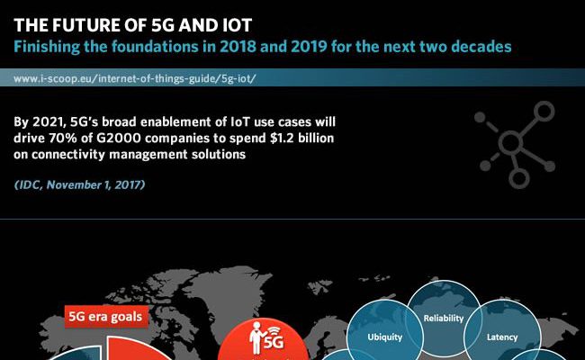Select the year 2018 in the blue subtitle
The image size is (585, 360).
(x=238, y=47)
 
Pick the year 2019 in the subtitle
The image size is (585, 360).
(x=309, y=47)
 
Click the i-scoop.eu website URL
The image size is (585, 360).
(x=135, y=78)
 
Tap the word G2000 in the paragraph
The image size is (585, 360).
(x=119, y=138)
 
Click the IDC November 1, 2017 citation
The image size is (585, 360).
(x=79, y=184)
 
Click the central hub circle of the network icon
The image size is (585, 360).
(x=509, y=143)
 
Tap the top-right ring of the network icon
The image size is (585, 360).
(x=544, y=112)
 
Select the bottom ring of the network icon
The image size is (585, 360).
(x=519, y=178)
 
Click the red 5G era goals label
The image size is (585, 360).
(x=106, y=317)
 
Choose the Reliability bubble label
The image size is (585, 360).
(x=444, y=319)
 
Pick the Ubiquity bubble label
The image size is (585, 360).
(x=384, y=337)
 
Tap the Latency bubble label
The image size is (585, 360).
(x=502, y=337)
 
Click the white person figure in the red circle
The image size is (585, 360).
(x=257, y=338)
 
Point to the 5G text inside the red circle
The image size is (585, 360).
(x=274, y=342)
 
